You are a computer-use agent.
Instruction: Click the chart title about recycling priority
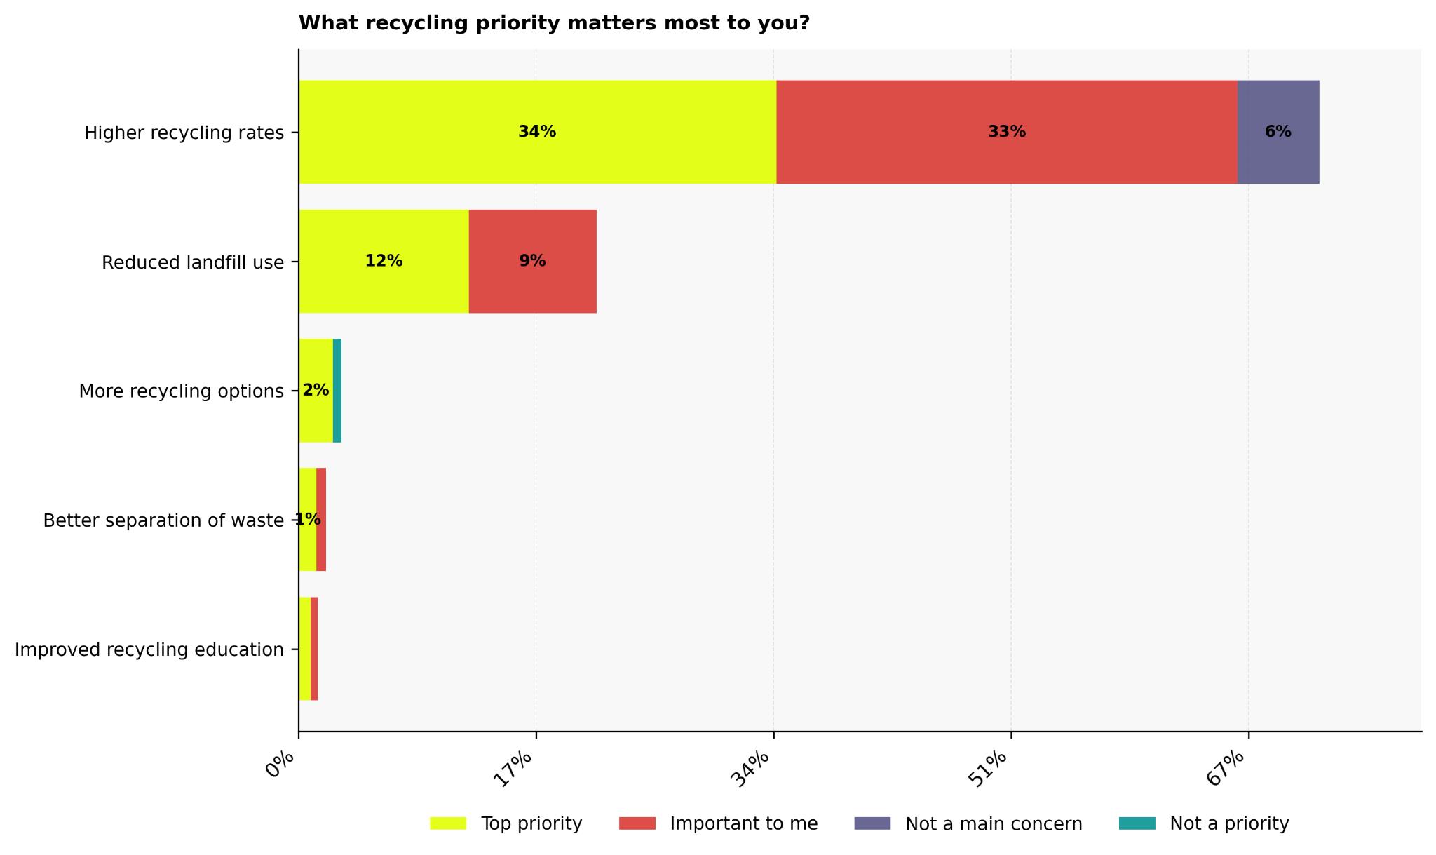554,23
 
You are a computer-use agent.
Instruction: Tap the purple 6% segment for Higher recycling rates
1278,154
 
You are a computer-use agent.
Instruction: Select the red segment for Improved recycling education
314,649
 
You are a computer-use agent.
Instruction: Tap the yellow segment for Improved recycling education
304,649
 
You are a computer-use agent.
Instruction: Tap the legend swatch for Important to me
637,823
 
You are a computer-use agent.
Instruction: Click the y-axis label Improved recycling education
149,649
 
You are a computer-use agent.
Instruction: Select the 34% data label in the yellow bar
537,132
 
